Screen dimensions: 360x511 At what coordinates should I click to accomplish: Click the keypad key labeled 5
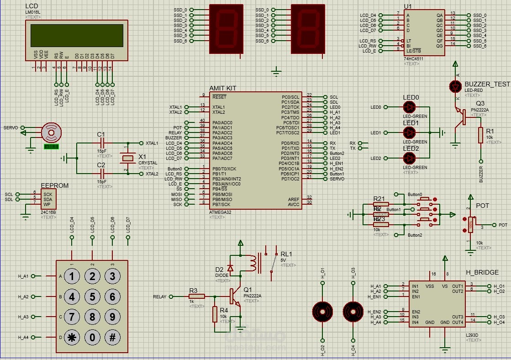(x=92, y=297)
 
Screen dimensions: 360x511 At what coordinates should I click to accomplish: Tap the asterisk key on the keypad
(x=72, y=338)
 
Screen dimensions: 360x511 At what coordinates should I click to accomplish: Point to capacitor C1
(x=102, y=143)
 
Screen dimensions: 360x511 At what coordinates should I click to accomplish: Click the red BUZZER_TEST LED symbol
(x=455, y=86)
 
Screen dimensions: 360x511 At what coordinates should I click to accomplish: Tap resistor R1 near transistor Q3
(x=481, y=135)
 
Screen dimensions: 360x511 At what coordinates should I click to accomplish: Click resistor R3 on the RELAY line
(x=196, y=296)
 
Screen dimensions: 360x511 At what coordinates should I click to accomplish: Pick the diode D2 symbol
(x=230, y=269)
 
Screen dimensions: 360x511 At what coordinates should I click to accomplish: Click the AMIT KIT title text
(x=223, y=88)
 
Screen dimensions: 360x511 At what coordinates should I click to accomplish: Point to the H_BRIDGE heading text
(x=482, y=272)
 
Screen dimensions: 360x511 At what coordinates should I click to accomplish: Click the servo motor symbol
(x=51, y=132)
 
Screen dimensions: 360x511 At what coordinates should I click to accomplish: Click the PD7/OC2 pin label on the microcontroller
(x=290, y=179)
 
